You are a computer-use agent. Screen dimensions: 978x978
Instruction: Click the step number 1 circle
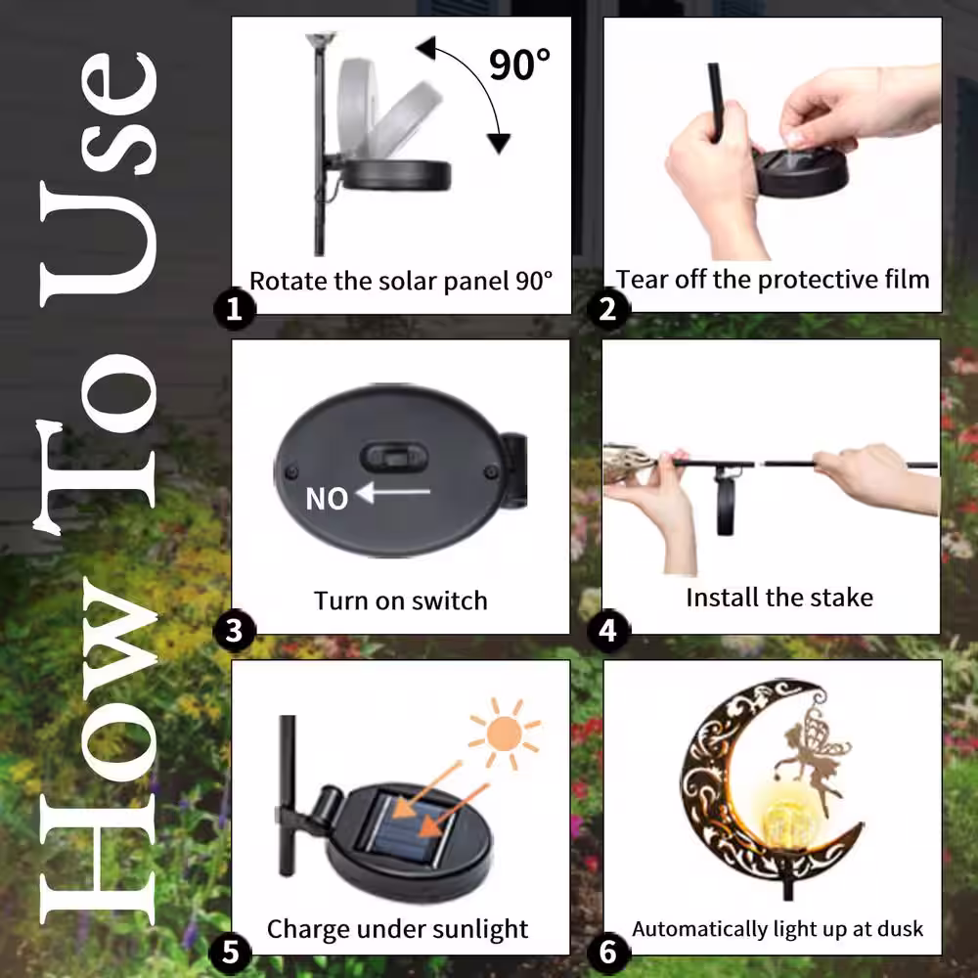coord(235,308)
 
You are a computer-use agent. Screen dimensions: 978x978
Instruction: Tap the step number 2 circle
coord(608,308)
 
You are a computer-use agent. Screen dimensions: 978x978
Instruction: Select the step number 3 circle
coord(235,631)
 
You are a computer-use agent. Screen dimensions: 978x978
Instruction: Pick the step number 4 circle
coord(608,631)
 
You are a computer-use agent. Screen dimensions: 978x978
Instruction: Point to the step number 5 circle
coord(231,953)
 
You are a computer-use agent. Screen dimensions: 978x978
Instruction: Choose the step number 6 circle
coord(608,953)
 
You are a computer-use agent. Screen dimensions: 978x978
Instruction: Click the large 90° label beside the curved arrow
coord(519,65)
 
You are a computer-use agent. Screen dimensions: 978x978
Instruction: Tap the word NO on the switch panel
coord(327,499)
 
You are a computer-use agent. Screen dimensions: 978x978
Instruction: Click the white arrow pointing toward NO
coord(393,492)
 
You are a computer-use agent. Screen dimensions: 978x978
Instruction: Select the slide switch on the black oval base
coord(395,457)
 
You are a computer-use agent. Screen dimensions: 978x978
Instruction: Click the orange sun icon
coord(505,733)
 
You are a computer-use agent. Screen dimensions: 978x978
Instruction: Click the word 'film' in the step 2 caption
coord(908,279)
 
